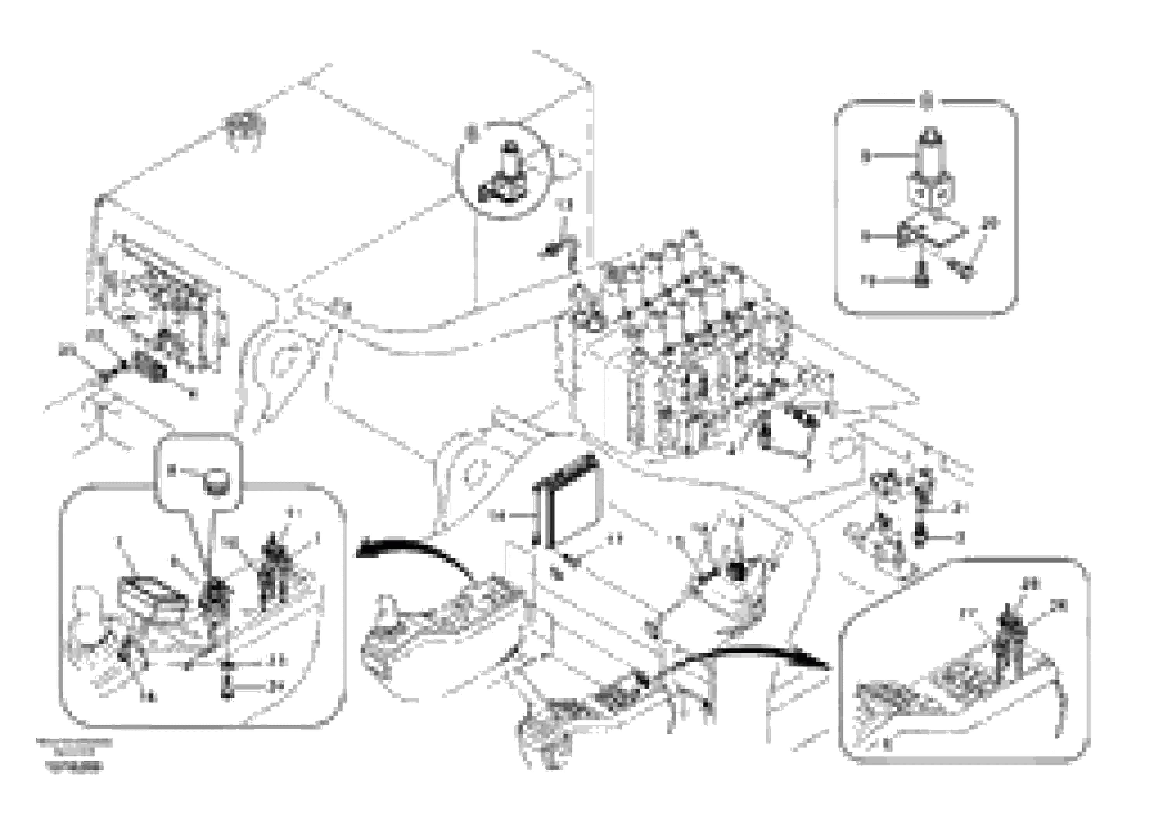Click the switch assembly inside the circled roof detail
pos(505,176)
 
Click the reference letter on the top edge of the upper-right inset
pos(927,99)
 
